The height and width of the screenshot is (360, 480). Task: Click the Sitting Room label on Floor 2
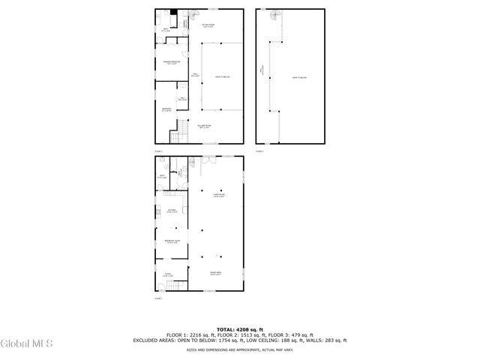point(208,25)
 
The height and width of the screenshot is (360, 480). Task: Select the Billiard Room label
point(205,127)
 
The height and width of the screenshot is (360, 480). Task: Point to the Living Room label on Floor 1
point(219,196)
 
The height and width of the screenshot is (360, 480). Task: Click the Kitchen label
point(171,211)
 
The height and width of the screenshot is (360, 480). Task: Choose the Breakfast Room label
point(172,241)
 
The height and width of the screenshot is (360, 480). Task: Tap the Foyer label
point(169,274)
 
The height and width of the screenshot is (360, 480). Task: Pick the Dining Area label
point(216,274)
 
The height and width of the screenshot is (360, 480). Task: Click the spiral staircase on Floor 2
point(193,14)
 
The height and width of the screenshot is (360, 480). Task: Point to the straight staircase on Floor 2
point(177,134)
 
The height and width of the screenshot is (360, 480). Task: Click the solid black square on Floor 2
point(173,12)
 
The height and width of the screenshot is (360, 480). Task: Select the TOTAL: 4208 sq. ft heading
point(240,329)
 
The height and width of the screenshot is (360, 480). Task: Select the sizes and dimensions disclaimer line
point(240,349)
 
